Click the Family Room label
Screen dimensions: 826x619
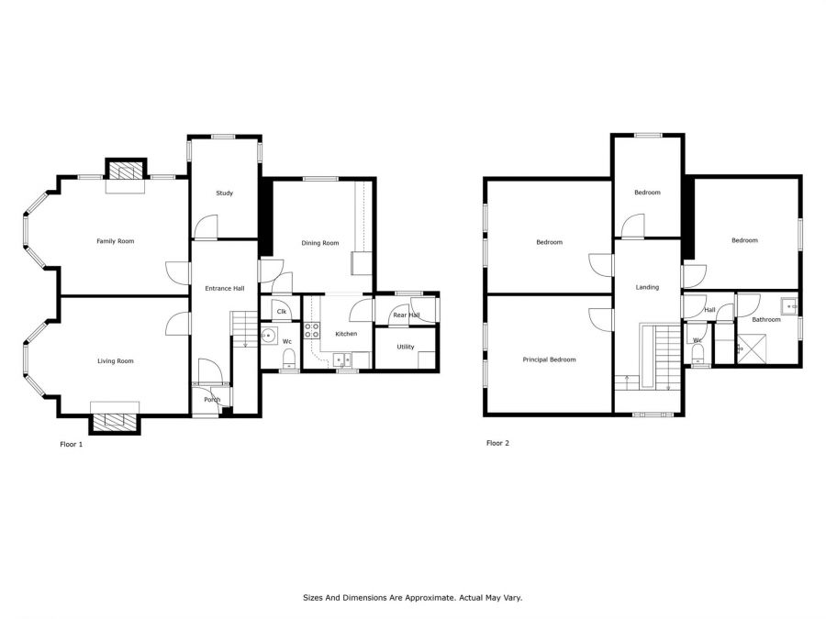[x=116, y=241]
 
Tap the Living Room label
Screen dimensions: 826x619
[x=116, y=361]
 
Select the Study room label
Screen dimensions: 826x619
[x=225, y=193]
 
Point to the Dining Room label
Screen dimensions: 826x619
[x=320, y=243]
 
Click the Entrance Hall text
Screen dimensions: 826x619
[x=225, y=289]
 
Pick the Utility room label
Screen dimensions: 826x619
[x=406, y=347]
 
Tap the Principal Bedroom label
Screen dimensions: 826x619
[x=549, y=360]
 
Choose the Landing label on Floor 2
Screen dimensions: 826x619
[x=647, y=287]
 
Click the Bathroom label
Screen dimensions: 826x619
[x=766, y=319]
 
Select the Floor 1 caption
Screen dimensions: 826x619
[x=71, y=444]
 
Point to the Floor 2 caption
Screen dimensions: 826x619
[x=497, y=443]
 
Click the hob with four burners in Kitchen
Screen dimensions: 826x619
[x=311, y=330]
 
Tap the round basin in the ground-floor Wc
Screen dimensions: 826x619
[x=270, y=336]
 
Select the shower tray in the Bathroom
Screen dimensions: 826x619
[x=751, y=348]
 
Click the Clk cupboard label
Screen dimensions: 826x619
[x=282, y=312]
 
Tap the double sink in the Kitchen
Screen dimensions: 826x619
[x=342, y=360]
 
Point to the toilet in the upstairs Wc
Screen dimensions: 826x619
[x=698, y=354]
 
